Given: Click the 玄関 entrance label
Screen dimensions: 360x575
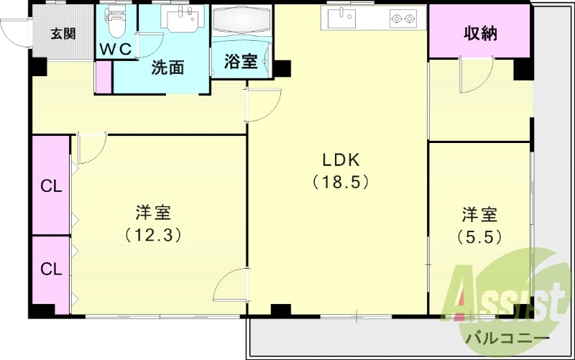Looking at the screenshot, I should [63, 33].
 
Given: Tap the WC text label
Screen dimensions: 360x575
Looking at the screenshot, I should [115, 49].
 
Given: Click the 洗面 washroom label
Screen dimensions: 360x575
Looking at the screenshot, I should [167, 68].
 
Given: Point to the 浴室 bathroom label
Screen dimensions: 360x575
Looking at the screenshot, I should [240, 62].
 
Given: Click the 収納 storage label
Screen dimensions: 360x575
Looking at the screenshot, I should [480, 33].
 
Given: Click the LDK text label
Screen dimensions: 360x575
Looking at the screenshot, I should [341, 160].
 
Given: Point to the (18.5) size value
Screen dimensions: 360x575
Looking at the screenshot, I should [341, 182].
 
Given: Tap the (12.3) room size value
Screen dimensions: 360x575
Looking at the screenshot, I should [152, 234].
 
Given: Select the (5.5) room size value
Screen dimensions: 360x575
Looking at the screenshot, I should [479, 235].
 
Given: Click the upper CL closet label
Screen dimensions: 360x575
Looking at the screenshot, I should [50, 187].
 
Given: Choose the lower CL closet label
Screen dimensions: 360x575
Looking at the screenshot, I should [50, 269].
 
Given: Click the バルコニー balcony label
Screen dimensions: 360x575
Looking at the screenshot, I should [507, 338].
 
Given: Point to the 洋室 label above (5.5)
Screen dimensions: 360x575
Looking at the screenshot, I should [479, 214].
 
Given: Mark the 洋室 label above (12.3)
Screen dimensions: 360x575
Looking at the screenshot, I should [152, 213].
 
